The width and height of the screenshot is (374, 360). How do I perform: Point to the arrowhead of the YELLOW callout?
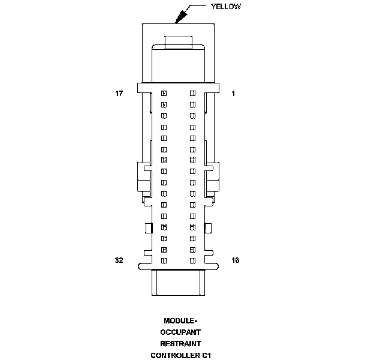(177, 21)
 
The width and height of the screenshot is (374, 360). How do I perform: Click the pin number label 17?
(119, 94)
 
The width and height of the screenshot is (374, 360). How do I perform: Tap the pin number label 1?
(233, 94)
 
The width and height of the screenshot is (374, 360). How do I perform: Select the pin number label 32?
(119, 260)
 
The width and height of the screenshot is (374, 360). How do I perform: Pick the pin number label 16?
(236, 260)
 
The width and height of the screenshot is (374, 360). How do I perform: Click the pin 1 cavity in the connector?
(193, 94)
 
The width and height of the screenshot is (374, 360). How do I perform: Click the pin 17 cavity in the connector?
(164, 94)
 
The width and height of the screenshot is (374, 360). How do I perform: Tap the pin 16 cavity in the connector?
(193, 260)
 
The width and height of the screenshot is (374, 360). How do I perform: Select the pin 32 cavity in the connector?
(164, 260)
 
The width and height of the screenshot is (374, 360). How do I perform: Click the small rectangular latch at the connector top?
(178, 41)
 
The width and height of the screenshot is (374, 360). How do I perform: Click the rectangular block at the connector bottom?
(178, 283)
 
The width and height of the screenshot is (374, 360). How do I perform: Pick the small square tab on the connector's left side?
(148, 227)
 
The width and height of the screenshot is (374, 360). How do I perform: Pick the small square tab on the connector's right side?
(207, 227)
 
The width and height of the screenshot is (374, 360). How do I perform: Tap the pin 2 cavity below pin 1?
(193, 104)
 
